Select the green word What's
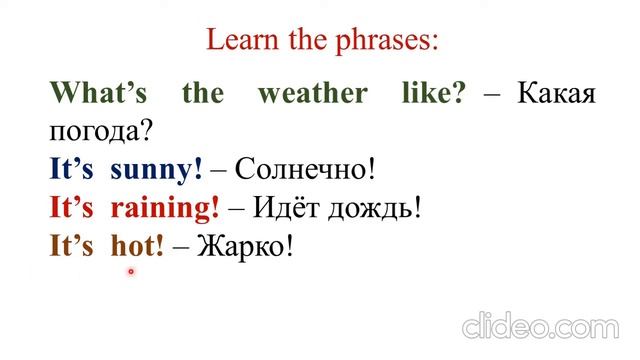(98, 95)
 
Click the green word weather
(313, 95)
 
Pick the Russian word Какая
(557, 95)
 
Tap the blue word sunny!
(156, 169)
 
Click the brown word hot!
(136, 245)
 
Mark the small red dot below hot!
(130, 271)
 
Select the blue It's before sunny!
(71, 169)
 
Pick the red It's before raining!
(71, 207)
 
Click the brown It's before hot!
(71, 245)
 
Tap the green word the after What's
(202, 95)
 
